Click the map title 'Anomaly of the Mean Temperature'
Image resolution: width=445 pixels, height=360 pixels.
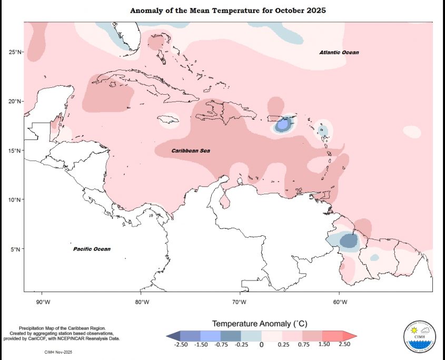[228, 11]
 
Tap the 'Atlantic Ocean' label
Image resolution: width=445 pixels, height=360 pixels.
[339, 53]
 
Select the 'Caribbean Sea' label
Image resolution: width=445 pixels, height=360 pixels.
[191, 151]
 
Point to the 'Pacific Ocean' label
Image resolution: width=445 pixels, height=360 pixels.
[92, 249]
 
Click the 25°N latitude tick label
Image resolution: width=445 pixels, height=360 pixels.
[15, 52]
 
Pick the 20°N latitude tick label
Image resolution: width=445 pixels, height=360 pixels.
[15, 101]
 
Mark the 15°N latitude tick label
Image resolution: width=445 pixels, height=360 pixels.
[15, 151]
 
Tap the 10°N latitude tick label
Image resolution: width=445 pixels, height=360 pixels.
[15, 199]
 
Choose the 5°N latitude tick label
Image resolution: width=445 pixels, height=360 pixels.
[16, 249]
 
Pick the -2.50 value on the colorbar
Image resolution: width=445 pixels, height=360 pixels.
[181, 344]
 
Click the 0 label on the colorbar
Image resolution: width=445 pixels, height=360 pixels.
[261, 345]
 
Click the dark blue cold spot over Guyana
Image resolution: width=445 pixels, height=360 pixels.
[348, 241]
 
